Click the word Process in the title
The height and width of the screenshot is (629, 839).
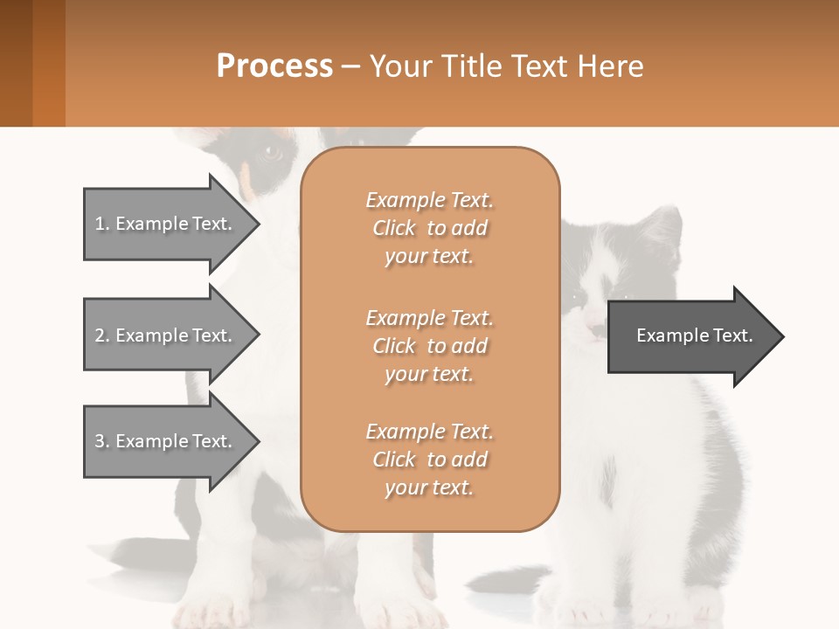coord(274,66)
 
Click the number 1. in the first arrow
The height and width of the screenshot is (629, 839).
coord(102,224)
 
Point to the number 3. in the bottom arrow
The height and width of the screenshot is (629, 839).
coord(102,441)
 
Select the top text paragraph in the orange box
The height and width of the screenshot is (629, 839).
coord(429,228)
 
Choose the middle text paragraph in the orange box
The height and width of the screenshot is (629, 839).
coord(429,345)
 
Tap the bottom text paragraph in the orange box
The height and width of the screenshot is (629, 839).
coord(429,460)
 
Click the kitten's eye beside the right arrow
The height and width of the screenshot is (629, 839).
coord(578,298)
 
